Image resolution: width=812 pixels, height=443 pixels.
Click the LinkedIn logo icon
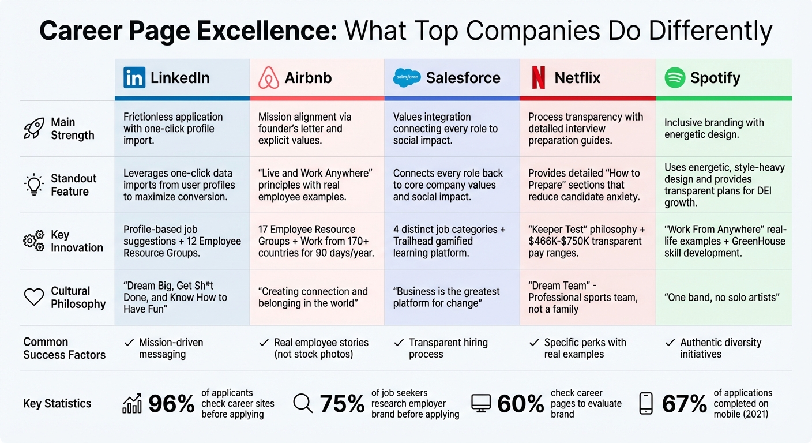(134, 78)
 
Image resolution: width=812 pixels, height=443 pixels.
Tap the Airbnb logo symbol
(269, 78)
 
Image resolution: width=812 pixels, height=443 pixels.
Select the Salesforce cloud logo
(407, 78)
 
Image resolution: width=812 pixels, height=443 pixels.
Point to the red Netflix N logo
(538, 78)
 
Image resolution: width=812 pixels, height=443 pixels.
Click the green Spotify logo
(675, 78)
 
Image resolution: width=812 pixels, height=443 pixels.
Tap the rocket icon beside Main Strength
(33, 129)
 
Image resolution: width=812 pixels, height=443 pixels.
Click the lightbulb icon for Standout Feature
(33, 185)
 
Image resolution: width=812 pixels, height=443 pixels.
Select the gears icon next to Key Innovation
(33, 241)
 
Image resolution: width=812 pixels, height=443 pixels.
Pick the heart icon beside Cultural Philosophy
(33, 297)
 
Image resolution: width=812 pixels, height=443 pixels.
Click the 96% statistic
(171, 404)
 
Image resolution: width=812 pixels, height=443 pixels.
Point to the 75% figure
(342, 404)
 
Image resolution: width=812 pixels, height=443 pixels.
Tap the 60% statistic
(520, 404)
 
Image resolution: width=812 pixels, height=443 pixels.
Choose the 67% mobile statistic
(684, 404)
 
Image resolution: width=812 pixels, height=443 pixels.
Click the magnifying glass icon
(303, 403)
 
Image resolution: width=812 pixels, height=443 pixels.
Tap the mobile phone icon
(646, 403)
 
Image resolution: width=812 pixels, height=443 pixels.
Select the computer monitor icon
(481, 403)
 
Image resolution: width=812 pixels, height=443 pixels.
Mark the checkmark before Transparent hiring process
(399, 343)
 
